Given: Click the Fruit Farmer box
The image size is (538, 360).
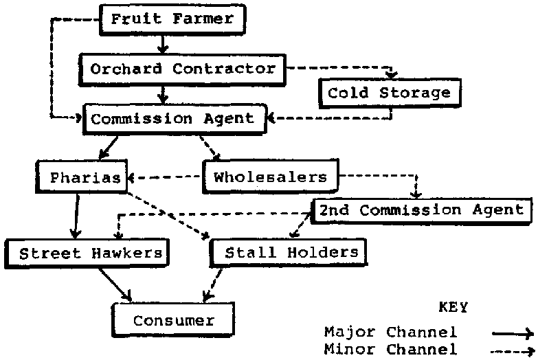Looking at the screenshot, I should (172, 19).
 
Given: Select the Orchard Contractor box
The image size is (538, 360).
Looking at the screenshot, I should (183, 69).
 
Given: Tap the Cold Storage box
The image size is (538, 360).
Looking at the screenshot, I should (389, 93).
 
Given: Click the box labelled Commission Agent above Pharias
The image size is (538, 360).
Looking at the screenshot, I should (172, 119).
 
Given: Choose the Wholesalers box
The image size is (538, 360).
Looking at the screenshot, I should (270, 177).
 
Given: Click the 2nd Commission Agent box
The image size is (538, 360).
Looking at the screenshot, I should (421, 210).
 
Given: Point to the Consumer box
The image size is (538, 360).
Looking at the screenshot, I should (173, 320).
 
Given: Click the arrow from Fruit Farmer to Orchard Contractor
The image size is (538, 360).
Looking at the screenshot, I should (161, 43).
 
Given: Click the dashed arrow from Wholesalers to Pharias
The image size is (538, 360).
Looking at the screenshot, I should (166, 177).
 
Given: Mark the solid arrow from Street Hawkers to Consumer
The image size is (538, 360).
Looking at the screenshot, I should (114, 282).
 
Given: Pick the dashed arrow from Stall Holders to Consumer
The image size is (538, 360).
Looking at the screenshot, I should (212, 284).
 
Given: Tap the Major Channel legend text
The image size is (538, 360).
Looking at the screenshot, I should (390, 333).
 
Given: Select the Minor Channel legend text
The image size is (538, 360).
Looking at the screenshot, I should (390, 349).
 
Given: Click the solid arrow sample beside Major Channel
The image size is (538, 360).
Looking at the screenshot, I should (513, 333).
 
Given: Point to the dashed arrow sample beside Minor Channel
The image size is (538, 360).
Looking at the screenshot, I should (513, 350).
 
